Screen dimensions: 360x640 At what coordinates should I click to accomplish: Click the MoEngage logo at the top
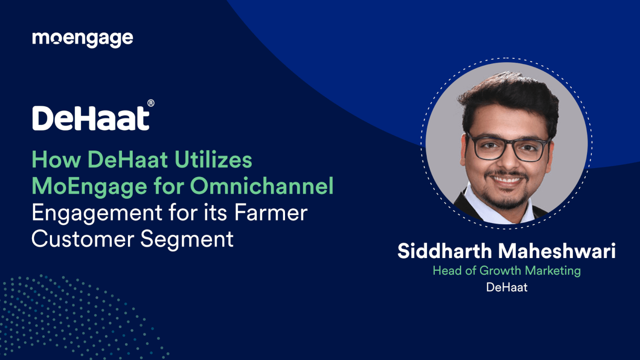pos(82,39)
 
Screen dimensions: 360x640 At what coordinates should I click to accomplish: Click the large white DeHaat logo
pos(91,118)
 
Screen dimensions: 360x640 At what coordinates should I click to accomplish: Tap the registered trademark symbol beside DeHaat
pos(151,103)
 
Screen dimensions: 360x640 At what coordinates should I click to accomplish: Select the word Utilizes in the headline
pos(213,160)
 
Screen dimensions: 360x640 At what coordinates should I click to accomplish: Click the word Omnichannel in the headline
pos(262,186)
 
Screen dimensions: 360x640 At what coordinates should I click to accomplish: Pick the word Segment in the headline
pos(186,239)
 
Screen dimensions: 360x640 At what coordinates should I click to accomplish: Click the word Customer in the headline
pos(83,239)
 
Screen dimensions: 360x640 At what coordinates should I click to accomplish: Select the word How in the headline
pos(56,160)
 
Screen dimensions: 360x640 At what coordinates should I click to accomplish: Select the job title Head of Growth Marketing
pos(506,270)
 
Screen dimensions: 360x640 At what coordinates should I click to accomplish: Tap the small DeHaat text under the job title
pos(506,287)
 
